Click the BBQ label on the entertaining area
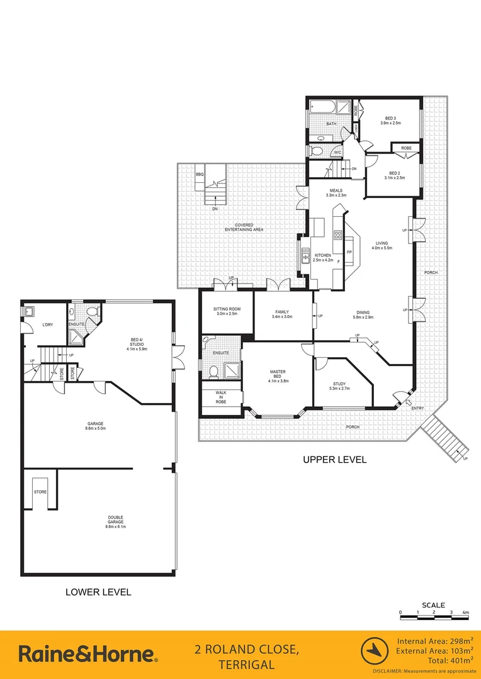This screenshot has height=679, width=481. coord(200,174)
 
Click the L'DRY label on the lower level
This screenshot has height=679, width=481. coord(47,324)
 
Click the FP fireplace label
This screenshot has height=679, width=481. coord(349,253)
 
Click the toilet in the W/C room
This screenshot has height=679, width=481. coord(317,151)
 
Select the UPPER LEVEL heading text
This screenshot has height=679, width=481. coord(334,460)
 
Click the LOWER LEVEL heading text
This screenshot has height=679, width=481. coord(98,592)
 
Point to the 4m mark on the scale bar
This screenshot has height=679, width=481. coord(465,612)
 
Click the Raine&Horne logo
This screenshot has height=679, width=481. coord(88,654)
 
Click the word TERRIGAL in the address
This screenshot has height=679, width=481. coord(246,665)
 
